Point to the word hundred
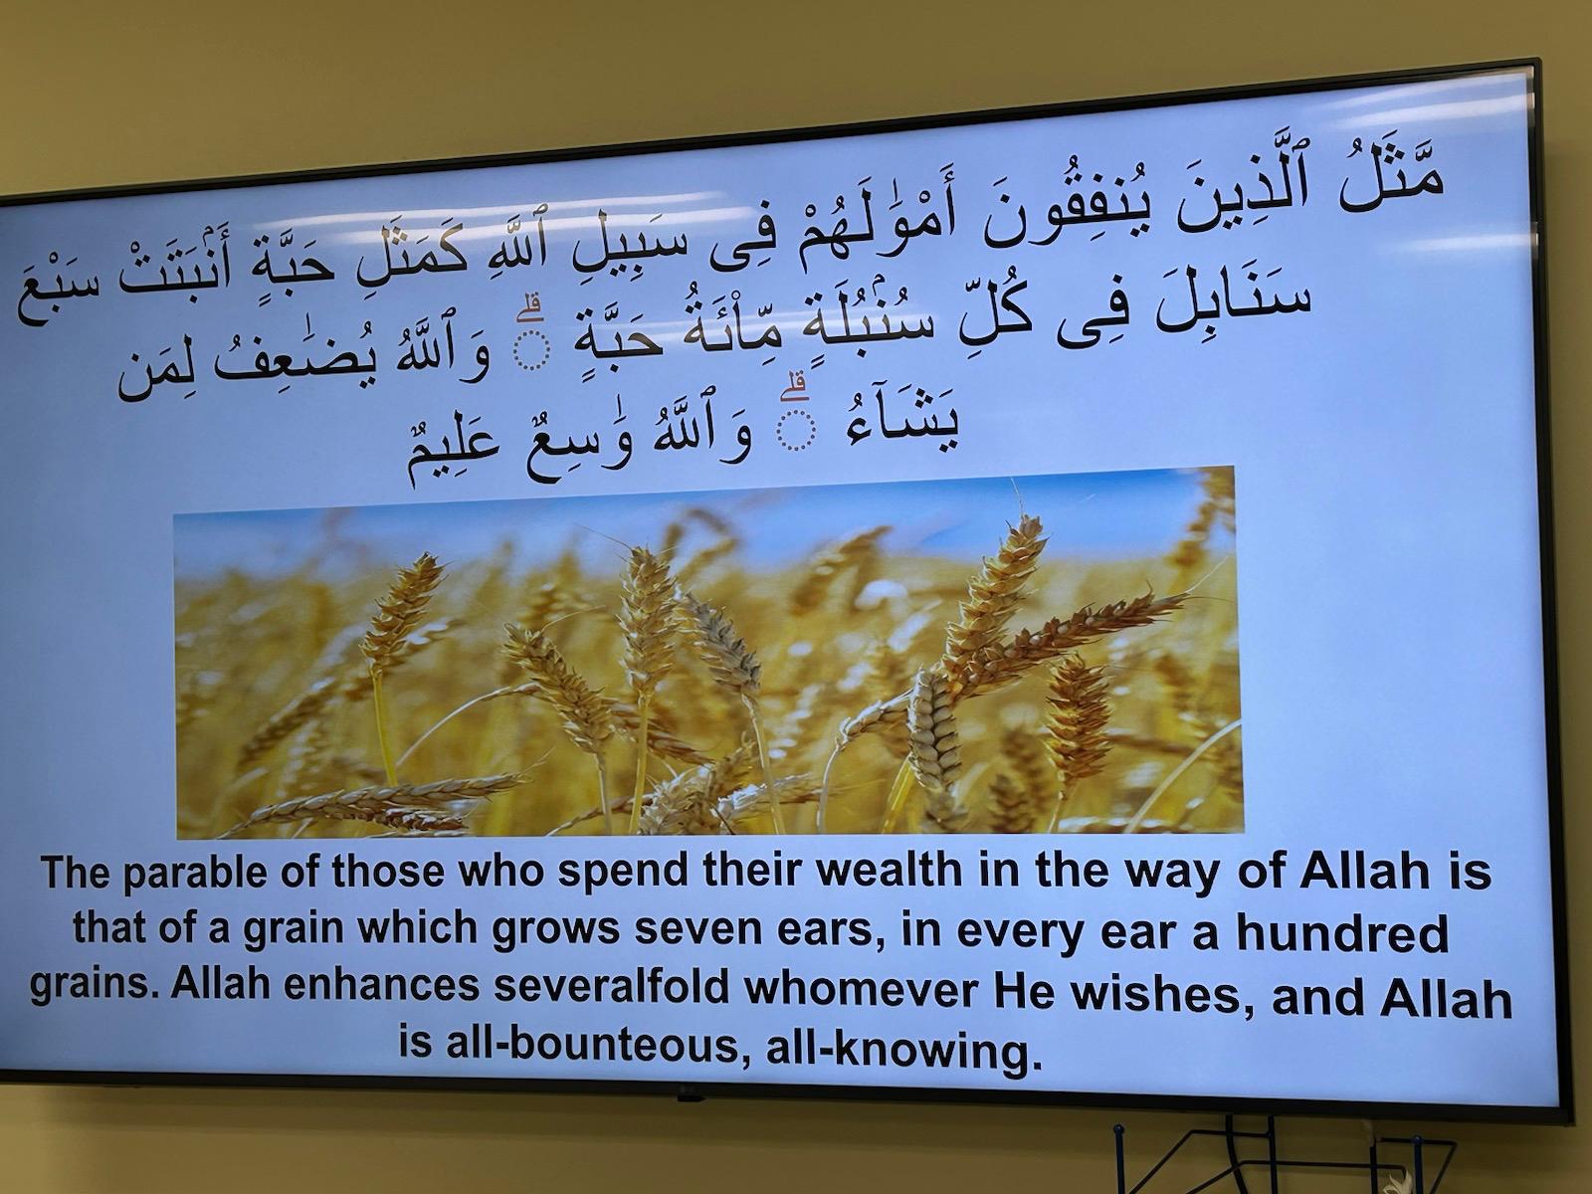1343,933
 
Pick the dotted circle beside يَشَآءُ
796,432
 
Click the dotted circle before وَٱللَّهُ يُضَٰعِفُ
531,351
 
